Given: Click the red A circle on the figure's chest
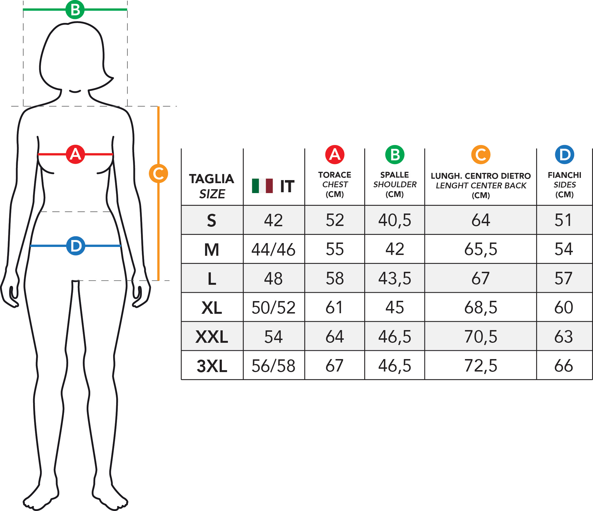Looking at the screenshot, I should [x=75, y=154].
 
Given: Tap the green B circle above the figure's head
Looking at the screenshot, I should [x=75, y=9].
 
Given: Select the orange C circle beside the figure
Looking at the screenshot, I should [x=158, y=173].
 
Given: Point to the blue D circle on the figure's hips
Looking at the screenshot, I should [x=76, y=246].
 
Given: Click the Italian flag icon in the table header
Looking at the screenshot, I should [x=262, y=186].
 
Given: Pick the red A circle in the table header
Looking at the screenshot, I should [x=334, y=155].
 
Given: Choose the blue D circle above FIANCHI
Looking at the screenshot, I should [x=564, y=155].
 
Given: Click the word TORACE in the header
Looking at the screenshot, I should [x=334, y=175].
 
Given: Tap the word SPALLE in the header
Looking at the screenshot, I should [x=394, y=175].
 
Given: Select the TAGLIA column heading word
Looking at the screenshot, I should [x=211, y=179].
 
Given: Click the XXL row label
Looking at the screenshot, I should [x=211, y=336].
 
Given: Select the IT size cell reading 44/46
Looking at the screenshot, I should [x=273, y=249].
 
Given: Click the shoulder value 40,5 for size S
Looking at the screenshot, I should [x=394, y=220].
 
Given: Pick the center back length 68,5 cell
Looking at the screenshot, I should [x=480, y=307].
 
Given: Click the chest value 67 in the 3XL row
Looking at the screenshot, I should [x=334, y=366].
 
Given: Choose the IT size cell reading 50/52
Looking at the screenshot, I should [x=273, y=307].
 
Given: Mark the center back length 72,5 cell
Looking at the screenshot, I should [x=480, y=366].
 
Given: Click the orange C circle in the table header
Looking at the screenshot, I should [x=480, y=155].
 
